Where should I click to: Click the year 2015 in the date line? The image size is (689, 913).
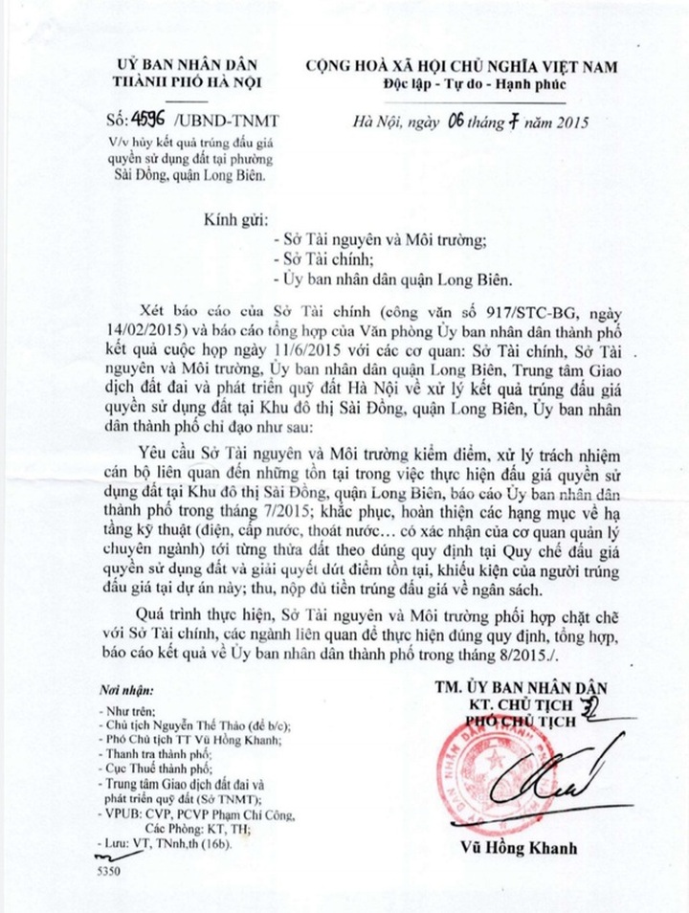click(x=568, y=122)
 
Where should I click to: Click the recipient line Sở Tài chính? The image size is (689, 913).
click(x=318, y=259)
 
